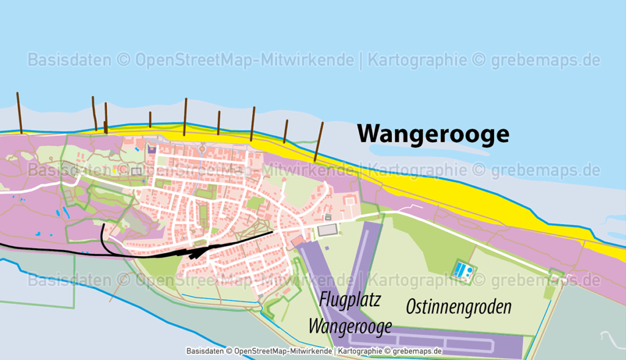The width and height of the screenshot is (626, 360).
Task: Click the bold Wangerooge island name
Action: click(433, 133)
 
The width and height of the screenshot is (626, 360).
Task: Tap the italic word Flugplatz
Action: click(350, 300)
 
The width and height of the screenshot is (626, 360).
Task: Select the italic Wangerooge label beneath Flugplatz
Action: click(350, 326)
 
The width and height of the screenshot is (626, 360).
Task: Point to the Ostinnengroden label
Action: click(458, 307)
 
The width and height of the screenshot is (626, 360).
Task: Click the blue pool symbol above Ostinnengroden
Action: click(462, 270)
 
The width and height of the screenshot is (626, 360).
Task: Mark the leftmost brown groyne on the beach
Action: click(20, 113)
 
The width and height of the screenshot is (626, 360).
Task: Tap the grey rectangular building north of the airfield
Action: click(326, 230)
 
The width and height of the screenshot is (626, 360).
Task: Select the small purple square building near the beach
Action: click(152, 149)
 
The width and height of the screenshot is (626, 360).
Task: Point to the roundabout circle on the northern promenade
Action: click(202, 147)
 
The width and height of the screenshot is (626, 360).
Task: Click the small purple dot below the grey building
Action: click(326, 248)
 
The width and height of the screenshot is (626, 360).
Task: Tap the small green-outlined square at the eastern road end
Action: click(556, 273)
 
